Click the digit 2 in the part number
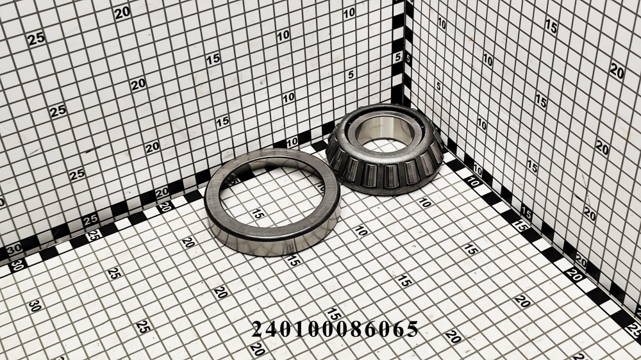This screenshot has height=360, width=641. point(258,329)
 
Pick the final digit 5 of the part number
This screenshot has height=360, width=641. point(412,329)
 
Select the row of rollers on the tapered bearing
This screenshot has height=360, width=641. point(384,172)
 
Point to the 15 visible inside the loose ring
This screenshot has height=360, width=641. point(258,213)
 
